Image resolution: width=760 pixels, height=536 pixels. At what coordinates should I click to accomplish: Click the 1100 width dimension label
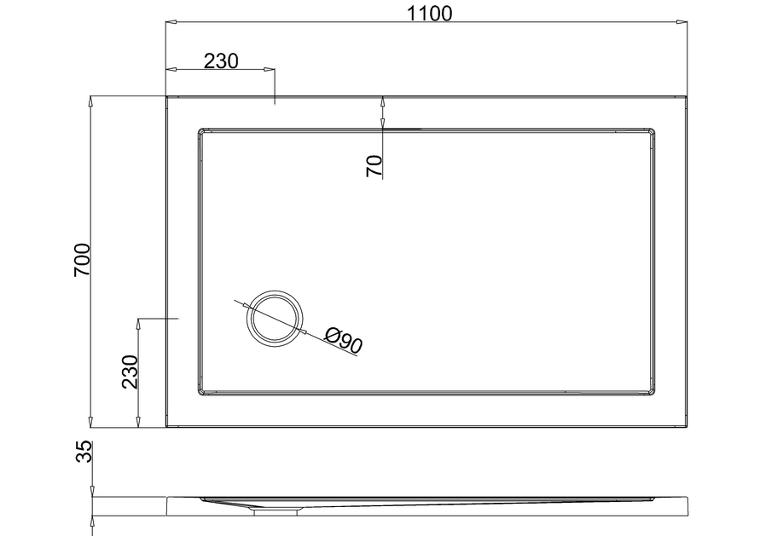(429, 14)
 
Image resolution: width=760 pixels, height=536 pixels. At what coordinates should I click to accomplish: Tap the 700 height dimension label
(82, 260)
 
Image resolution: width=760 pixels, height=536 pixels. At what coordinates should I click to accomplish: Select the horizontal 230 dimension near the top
(221, 61)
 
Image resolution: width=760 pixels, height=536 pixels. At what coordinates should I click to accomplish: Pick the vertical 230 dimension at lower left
(130, 372)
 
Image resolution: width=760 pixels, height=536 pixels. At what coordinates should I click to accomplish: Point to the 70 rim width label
(374, 166)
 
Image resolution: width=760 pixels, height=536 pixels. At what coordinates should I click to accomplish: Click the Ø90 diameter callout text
(344, 340)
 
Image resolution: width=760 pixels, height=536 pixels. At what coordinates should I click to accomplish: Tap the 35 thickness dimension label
(84, 452)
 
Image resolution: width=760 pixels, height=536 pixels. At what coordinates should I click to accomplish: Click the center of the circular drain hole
(276, 318)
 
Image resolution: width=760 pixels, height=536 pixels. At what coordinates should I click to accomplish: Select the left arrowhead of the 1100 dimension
(171, 22)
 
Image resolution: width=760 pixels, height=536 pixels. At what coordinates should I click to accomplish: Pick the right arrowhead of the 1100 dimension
(682, 22)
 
